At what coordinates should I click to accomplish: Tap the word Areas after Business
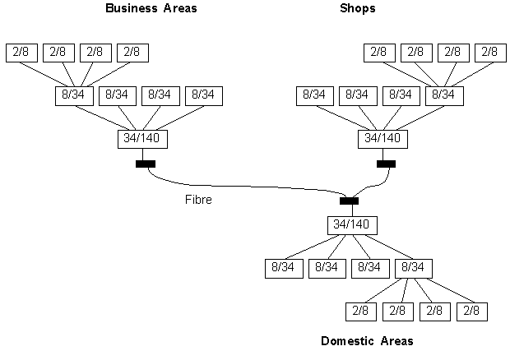point(180,8)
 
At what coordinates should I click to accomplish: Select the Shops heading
point(358,8)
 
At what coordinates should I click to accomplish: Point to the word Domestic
point(347,341)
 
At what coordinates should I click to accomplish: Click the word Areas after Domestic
point(396,341)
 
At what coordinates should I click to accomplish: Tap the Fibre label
point(198,199)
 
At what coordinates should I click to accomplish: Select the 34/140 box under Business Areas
point(142,139)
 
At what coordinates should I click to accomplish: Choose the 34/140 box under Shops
point(382,139)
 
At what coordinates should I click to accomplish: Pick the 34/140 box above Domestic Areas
point(352,225)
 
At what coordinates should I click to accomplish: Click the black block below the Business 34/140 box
point(146,164)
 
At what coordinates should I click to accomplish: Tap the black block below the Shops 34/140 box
point(386,164)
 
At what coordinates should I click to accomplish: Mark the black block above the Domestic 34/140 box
point(349,201)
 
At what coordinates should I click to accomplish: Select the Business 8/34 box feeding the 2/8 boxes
point(74,96)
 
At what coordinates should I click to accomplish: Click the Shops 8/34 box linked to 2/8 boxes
point(444,96)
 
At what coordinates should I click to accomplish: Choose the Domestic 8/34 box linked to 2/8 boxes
point(414,269)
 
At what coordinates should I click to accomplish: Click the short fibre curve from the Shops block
point(374,186)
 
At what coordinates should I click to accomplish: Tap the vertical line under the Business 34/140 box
point(142,155)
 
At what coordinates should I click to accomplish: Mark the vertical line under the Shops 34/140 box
point(382,155)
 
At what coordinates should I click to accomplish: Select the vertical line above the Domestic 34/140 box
point(352,210)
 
